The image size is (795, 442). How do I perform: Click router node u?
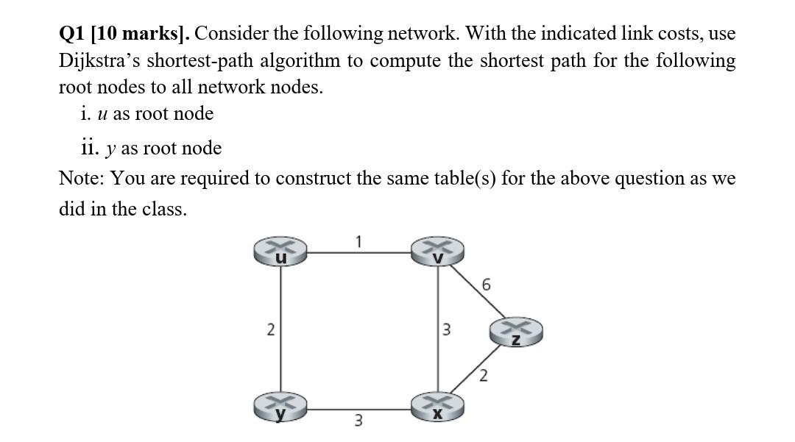coord(280,251)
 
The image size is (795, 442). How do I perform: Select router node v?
coord(439,251)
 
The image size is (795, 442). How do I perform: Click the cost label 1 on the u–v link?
coord(358,240)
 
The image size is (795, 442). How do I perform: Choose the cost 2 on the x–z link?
coord(483,378)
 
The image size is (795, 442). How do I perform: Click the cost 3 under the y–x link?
coord(358,421)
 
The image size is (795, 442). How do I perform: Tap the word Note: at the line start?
coord(79,179)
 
